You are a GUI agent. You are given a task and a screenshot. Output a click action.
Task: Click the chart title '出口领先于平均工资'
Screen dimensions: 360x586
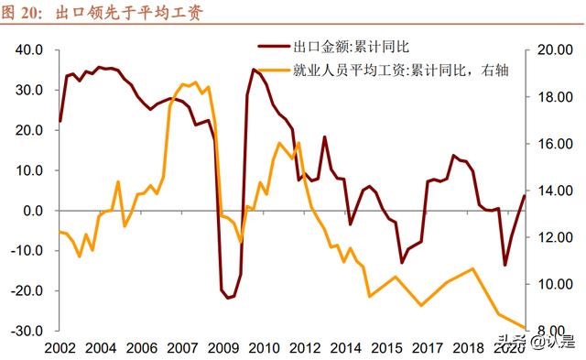136,13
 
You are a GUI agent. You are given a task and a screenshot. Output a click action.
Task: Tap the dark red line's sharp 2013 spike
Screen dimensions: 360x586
324,137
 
